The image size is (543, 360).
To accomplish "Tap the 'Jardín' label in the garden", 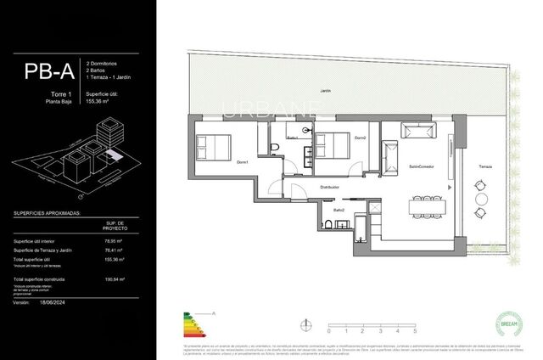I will click(x=324, y=91).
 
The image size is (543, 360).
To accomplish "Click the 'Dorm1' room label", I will click(x=242, y=162).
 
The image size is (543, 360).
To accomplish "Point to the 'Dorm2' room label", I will click(x=360, y=138).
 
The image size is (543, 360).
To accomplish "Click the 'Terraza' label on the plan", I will click(x=484, y=165).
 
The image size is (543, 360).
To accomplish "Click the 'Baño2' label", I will click(x=338, y=209).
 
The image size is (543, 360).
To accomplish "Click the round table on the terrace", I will click(x=481, y=203).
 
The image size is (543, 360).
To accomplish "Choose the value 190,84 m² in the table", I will click(x=114, y=279).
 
